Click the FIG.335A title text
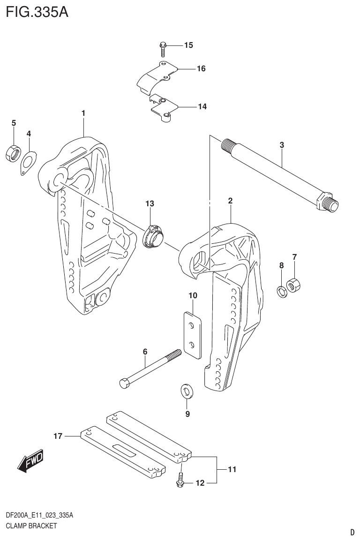(37, 12)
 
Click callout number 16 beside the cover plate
(201, 69)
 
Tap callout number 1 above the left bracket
(83, 113)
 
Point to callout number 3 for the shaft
(282, 145)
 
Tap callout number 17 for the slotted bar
(58, 436)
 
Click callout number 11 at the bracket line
(232, 469)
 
